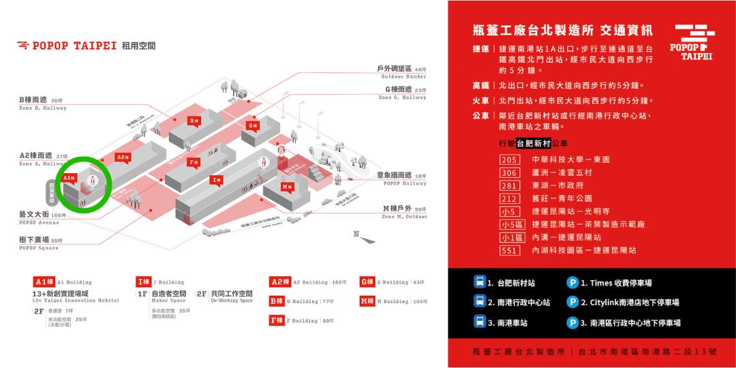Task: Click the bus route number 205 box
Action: (x=510, y=159)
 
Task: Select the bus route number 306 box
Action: (x=510, y=172)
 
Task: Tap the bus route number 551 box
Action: (x=510, y=250)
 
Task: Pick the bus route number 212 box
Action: (x=510, y=198)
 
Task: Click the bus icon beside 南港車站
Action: (x=480, y=322)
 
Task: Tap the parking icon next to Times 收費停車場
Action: (x=572, y=282)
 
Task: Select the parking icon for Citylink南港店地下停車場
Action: (x=572, y=302)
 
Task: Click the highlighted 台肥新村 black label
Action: (x=534, y=144)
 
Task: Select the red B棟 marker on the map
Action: (x=194, y=121)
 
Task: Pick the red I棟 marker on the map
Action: (x=217, y=180)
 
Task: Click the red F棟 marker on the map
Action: (x=194, y=162)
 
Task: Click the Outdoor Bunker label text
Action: (x=403, y=77)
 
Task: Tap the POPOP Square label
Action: (x=39, y=248)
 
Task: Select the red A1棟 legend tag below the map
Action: (x=44, y=281)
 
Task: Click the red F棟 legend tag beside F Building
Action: (x=276, y=320)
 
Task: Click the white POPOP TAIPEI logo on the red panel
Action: (x=693, y=42)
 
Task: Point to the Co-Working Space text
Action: (x=231, y=301)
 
